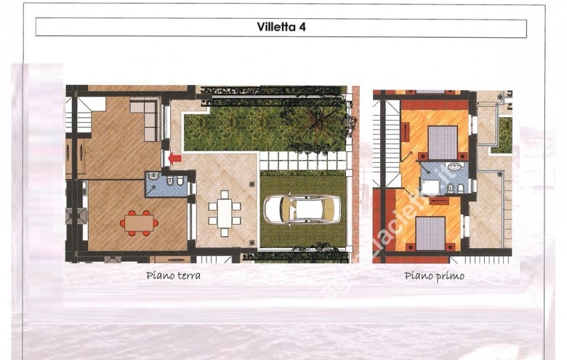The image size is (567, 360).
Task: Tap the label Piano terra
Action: (173, 276)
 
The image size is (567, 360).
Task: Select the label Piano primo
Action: (434, 276)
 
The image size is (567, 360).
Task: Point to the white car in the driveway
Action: (302, 210)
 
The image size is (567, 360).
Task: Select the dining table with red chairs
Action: (140, 222)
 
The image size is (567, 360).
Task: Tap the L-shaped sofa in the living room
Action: (148, 116)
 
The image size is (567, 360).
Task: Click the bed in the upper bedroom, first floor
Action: (442, 143)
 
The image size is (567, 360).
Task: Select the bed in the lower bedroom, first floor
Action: (430, 233)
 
